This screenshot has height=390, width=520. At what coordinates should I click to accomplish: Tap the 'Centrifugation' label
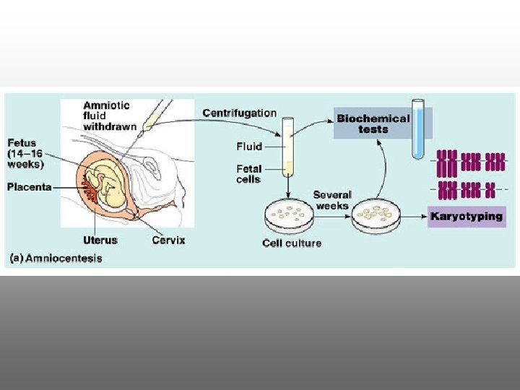pyautogui.click(x=240, y=113)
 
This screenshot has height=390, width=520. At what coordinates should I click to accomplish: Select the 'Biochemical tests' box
pyautogui.click(x=373, y=123)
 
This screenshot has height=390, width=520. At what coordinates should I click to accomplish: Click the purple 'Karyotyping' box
pyautogui.click(x=466, y=216)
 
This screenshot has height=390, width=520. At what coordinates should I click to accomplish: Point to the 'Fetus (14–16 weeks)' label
pyautogui.click(x=25, y=153)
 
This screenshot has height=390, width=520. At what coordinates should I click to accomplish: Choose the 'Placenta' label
pyautogui.click(x=29, y=187)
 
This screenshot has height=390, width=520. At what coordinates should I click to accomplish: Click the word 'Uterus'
pyautogui.click(x=100, y=240)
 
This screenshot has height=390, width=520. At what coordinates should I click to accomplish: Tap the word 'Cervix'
pyautogui.click(x=169, y=240)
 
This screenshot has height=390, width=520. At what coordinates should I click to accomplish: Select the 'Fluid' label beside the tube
pyautogui.click(x=249, y=146)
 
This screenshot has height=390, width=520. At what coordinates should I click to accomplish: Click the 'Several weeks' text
pyautogui.click(x=332, y=200)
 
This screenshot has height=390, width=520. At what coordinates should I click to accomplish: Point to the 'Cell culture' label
pyautogui.click(x=292, y=243)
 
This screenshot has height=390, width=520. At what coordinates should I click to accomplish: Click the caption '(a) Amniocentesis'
pyautogui.click(x=56, y=258)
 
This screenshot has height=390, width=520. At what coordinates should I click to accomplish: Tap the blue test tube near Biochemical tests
pyautogui.click(x=417, y=130)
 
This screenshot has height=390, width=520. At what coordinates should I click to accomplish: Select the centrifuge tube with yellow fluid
pyautogui.click(x=288, y=148)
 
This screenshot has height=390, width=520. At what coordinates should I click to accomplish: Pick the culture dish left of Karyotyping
pyautogui.click(x=376, y=214)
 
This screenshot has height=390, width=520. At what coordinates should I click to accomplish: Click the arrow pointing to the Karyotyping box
pyautogui.click(x=415, y=215)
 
